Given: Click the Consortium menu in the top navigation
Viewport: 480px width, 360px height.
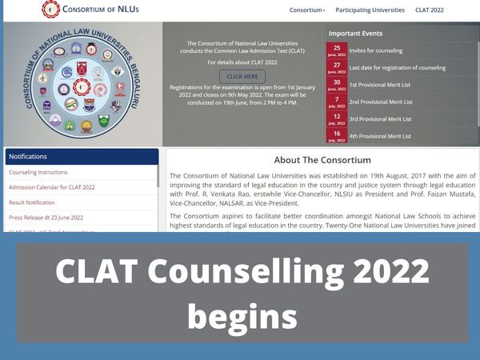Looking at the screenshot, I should tap(307, 10).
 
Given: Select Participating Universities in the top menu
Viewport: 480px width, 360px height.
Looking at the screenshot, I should tap(370, 10).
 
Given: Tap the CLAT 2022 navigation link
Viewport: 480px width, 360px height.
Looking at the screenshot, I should tap(429, 10).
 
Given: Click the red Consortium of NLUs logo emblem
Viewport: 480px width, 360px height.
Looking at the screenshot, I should tap(50, 10).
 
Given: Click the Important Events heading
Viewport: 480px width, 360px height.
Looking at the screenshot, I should tap(355, 34).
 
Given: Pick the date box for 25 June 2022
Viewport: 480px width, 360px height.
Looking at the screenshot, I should tap(337, 50).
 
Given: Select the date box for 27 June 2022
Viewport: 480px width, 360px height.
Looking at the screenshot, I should tap(337, 67).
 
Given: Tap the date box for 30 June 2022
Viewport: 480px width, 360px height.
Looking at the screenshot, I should tap(337, 84).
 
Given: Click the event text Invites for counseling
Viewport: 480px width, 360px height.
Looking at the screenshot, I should tap(376, 50).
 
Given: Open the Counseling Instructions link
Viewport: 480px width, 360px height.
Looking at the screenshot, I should tap(38, 172).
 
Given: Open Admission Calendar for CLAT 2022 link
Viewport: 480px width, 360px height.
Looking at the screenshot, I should tap(52, 187).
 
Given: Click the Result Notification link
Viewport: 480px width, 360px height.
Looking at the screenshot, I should tap(32, 202).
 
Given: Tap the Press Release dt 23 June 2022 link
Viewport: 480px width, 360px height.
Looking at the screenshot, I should tap(46, 218).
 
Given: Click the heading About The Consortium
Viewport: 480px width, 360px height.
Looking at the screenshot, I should tap(322, 160).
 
